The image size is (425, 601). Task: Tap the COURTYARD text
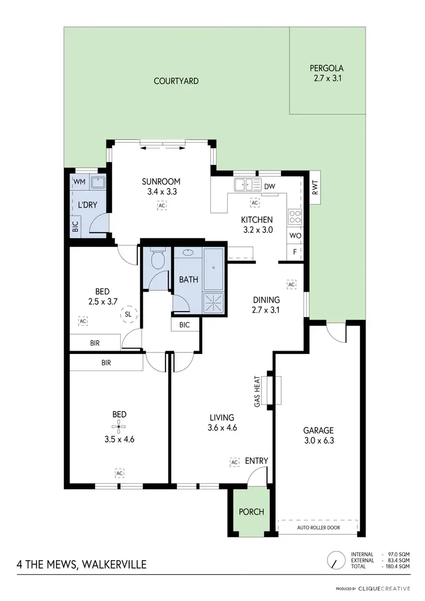click(x=176, y=81)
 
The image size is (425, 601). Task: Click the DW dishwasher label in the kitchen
click(x=270, y=186)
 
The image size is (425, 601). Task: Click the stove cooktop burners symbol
click(x=295, y=216)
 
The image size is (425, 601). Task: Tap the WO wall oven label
click(x=295, y=235)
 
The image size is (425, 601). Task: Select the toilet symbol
click(x=157, y=260)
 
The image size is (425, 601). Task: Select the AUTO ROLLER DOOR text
click(x=318, y=527)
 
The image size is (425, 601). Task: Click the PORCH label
click(x=251, y=512)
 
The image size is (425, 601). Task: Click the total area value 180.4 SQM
click(x=397, y=566)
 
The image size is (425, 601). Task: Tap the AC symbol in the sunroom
click(x=162, y=206)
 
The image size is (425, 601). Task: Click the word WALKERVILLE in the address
click(x=115, y=564)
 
